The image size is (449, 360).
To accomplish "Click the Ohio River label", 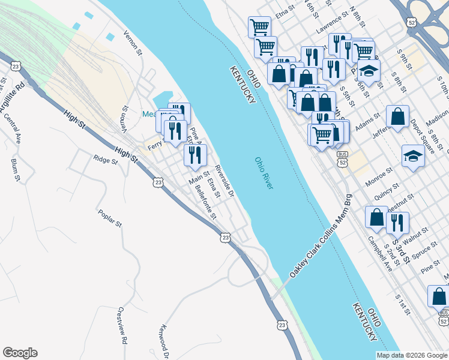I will point(264,174).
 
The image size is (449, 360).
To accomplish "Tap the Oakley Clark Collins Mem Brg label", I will point(321,235).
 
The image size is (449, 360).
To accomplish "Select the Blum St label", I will point(16,170).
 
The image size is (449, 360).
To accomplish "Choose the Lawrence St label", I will point(333,23).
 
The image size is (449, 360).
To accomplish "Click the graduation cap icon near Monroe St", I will point(413,156).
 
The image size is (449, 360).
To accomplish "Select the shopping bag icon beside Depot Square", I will point(397,116).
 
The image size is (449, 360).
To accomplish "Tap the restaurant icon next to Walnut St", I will point(397,223).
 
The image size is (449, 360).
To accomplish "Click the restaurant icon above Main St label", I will point(195,155).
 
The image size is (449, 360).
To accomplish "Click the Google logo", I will point(20,353).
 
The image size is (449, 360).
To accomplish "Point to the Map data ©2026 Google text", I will point(412,355).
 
